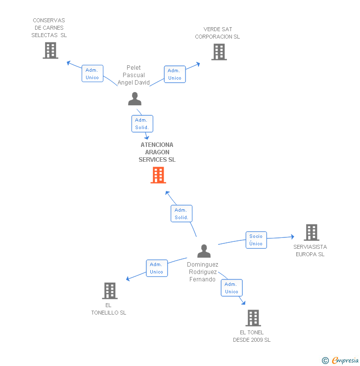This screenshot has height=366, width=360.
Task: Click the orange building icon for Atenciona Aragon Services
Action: pos(158,175)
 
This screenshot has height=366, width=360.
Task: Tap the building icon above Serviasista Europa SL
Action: pos(312,232)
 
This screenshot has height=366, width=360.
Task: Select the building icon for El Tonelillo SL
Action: pos(110,291)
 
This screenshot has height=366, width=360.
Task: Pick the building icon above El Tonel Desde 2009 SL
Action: pos(253,318)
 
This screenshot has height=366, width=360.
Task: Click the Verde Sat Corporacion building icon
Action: pos(219,52)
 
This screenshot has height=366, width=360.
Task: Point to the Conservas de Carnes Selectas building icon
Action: pos(50,50)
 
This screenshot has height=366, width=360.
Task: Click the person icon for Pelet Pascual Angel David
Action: pos(135,99)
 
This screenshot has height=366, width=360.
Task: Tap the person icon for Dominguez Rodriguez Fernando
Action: pos(204,251)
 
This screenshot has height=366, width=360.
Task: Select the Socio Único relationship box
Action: pos(256,240)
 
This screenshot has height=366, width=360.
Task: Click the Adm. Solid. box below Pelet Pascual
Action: pos(142,124)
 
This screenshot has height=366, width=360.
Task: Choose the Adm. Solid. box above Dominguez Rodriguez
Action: pos(181,214)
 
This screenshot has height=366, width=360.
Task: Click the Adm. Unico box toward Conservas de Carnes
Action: pos(92,74)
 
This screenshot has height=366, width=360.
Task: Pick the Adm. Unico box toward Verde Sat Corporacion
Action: pos(175,74)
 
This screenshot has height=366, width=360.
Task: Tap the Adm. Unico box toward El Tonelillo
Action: pos(157,268)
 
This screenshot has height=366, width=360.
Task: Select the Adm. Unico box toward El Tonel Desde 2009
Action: pos(232,288)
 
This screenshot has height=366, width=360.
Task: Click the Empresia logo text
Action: pos(345,360)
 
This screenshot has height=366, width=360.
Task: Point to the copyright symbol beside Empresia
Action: pos(325,361)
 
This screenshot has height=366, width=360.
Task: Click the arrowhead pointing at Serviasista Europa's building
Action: pos(293,237)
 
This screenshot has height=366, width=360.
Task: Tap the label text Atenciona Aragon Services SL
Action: pos(157,152)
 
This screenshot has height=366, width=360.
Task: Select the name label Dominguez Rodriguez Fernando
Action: pos(203,272)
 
